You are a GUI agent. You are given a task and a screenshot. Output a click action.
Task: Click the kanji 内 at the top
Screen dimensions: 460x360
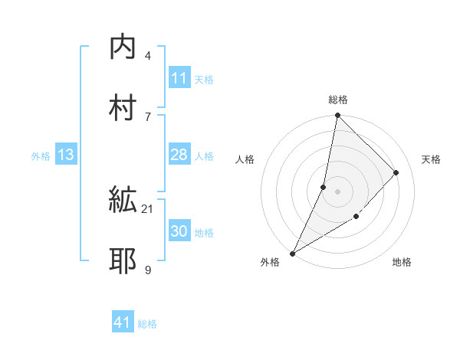[x=123, y=47]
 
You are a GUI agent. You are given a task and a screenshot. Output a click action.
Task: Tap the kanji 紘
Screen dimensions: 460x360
[x=123, y=201]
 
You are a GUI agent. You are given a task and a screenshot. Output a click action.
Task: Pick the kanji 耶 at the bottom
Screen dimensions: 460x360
[x=123, y=261]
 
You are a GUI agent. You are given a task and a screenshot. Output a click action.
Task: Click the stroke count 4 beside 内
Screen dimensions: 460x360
[x=147, y=55]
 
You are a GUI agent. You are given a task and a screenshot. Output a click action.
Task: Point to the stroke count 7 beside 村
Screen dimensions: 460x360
[x=147, y=116]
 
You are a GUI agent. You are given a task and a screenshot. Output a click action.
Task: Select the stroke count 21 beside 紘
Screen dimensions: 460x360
[x=148, y=208]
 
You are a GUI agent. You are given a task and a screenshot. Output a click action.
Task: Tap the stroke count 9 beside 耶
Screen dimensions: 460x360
[x=147, y=269]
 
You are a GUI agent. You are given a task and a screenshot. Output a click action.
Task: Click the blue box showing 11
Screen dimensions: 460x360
[x=179, y=78]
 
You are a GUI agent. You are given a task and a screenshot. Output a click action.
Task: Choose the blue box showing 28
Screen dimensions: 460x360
[x=179, y=155]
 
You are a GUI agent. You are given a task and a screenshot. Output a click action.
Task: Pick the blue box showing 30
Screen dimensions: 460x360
[x=179, y=232]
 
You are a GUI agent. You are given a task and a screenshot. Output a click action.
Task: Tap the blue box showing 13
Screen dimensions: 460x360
[x=66, y=155]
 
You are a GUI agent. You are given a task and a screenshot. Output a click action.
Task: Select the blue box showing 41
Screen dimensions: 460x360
[x=123, y=323]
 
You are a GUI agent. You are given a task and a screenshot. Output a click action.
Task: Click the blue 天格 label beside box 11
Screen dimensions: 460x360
[x=204, y=79]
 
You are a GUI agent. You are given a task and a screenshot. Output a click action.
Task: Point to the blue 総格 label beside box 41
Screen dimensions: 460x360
[x=147, y=324]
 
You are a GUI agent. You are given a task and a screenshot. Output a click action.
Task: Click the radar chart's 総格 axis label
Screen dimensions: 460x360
[x=337, y=100]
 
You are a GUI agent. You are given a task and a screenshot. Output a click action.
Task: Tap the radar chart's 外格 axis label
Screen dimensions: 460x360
[x=270, y=263]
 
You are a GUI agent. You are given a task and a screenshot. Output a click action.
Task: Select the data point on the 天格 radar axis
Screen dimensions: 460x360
[x=396, y=173]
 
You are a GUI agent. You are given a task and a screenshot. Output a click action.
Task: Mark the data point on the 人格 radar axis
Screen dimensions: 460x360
[x=324, y=187]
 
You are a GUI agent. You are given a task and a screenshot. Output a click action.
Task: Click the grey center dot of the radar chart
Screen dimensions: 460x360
[x=337, y=191]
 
